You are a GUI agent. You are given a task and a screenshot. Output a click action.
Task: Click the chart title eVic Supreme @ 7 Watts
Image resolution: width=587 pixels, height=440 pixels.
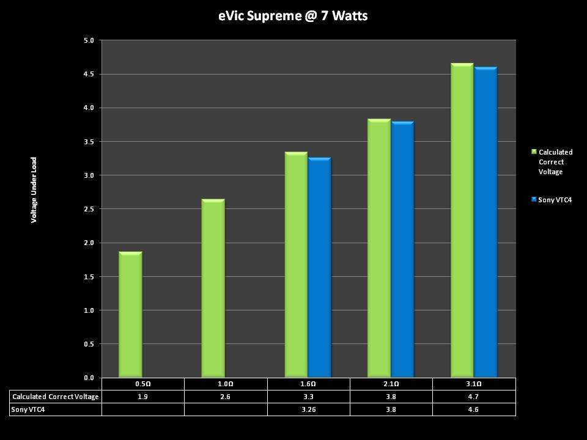coord(293,16)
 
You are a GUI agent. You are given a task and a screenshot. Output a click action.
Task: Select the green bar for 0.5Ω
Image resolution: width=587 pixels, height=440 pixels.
coord(130,314)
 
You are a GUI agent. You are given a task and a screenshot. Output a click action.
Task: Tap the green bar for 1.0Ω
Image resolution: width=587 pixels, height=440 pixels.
coord(213,288)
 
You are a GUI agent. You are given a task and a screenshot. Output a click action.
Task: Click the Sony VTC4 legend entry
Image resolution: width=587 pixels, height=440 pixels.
coord(555,200)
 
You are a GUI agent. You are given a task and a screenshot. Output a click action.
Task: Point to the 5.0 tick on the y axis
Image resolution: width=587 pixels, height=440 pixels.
coord(89,41)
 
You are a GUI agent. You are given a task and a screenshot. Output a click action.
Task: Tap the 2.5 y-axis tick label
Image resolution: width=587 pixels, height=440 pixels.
coord(89,210)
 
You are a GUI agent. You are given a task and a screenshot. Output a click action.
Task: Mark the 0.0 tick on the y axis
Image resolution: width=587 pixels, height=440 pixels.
coord(89,378)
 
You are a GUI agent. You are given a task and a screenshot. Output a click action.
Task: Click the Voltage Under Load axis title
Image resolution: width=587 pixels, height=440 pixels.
coord(34,189)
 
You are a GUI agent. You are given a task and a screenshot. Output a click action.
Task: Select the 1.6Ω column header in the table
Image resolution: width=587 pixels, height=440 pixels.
coord(308,384)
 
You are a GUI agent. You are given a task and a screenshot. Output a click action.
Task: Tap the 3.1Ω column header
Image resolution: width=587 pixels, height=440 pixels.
coord(474,384)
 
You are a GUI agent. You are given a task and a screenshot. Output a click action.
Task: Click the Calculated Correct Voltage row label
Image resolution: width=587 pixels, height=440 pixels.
coord(56,397)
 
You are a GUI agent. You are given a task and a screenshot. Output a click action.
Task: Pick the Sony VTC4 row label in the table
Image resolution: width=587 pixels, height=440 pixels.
coord(28,409)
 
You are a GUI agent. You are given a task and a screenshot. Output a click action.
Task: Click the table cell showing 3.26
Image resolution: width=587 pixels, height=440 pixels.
coord(308,409)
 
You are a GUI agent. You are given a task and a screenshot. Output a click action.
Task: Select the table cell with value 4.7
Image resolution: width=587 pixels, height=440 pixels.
coord(474,397)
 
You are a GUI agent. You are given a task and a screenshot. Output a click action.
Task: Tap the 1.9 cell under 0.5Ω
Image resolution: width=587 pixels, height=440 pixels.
coord(142,397)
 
